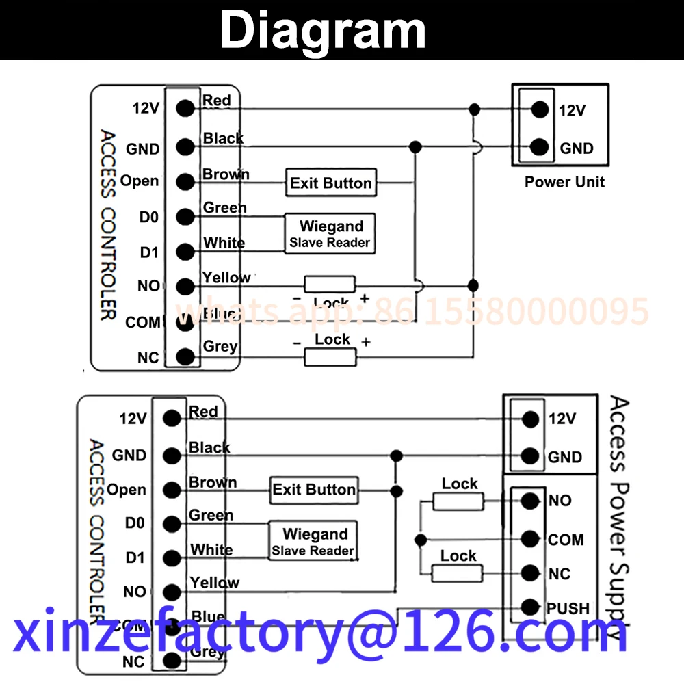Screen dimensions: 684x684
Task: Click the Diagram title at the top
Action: coord(323,31)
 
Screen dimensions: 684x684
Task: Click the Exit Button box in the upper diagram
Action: coord(330,183)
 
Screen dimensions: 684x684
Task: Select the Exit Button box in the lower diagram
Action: coord(314,490)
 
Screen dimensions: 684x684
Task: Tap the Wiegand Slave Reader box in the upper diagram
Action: coord(330,233)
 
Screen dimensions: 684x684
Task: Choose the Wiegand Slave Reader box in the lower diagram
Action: coord(313,541)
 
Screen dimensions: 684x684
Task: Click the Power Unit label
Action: coord(564,182)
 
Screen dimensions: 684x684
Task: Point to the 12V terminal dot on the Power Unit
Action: coord(540,109)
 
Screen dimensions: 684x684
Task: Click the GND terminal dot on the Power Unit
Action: coord(540,147)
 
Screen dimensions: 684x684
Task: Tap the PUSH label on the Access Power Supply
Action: coord(568,608)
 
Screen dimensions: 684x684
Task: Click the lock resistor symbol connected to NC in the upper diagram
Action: coord(330,356)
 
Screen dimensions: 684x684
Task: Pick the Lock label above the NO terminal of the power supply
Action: coord(460,484)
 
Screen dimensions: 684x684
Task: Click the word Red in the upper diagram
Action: coord(217,101)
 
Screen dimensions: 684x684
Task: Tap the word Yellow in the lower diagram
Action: coord(215,583)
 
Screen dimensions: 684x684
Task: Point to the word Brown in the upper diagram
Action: coord(226,174)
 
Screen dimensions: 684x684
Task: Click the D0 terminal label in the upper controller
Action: coord(148,218)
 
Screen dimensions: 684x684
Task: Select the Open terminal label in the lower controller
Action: coord(127,490)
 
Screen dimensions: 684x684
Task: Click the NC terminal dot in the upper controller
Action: coord(184,356)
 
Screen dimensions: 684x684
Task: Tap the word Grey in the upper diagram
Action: coord(220,346)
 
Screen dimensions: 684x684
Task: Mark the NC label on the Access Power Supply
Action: coord(560,574)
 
